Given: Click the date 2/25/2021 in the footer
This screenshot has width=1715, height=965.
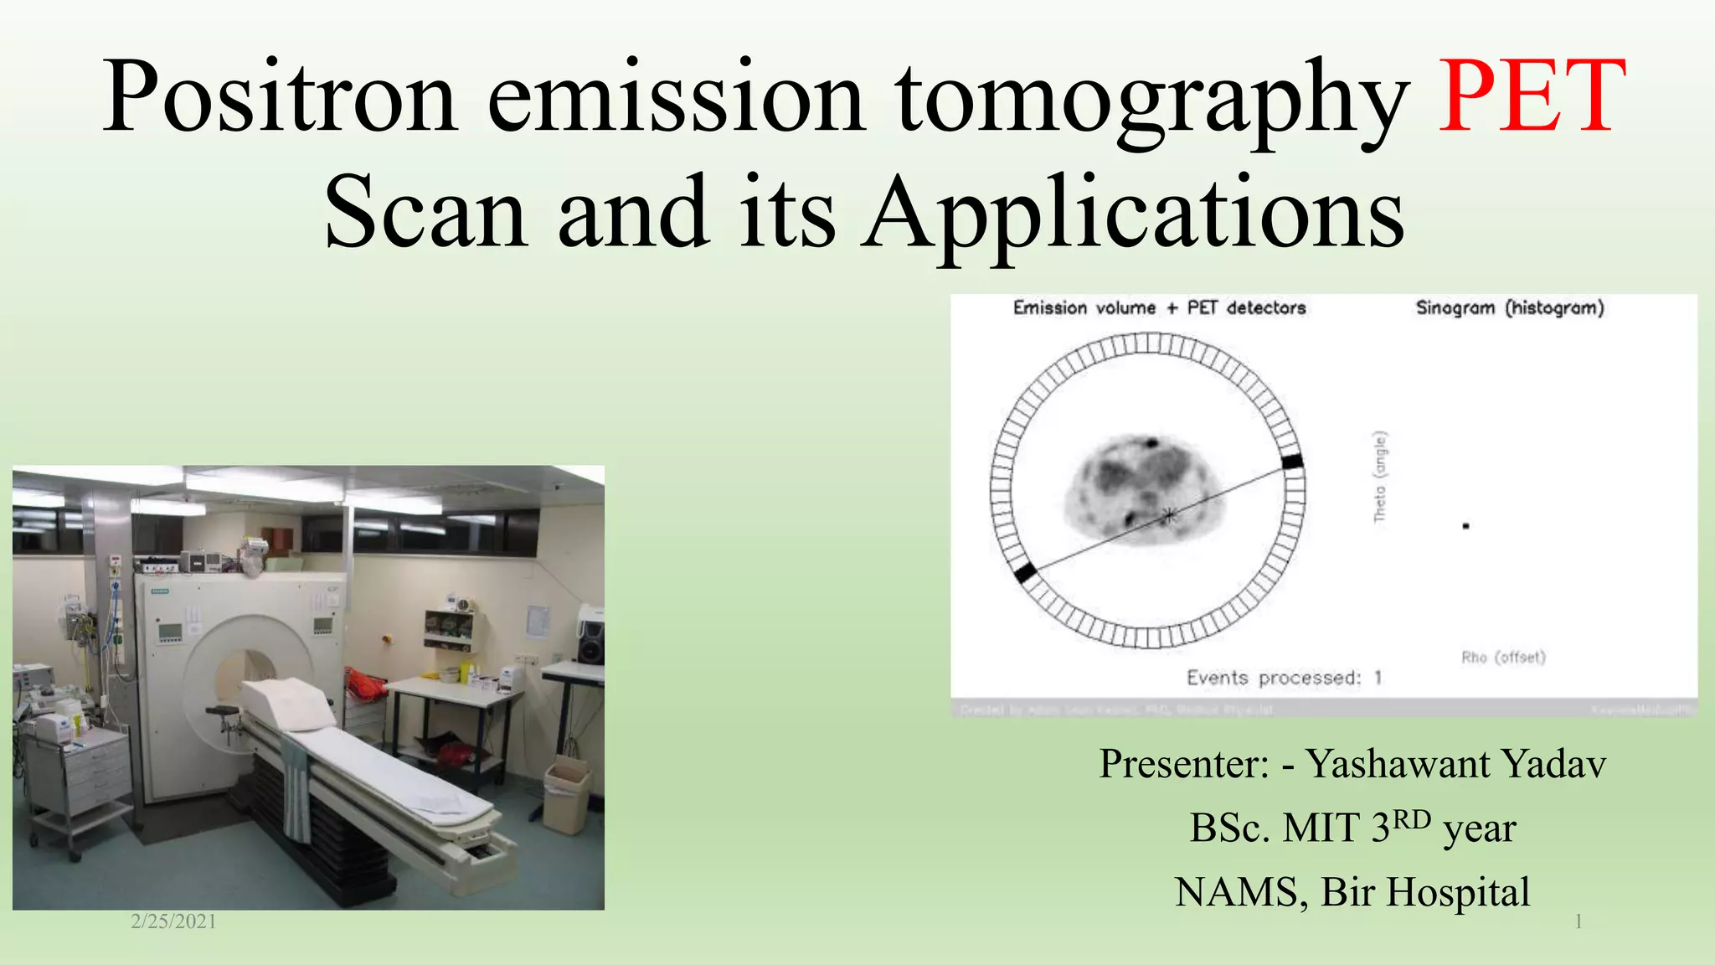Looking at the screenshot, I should (x=173, y=921).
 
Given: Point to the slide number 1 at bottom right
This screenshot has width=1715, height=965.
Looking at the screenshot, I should (x=1578, y=922).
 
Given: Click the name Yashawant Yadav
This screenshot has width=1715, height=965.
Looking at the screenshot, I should (x=1455, y=763).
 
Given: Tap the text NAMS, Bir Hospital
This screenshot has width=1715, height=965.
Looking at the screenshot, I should (x=1352, y=891).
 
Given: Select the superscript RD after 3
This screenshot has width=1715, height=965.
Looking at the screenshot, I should (x=1412, y=818).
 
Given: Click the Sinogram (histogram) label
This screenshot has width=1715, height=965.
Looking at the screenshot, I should (x=1509, y=307).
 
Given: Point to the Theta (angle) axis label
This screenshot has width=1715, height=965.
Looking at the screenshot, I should (x=1380, y=477).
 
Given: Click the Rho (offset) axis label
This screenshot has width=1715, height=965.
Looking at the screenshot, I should (x=1503, y=658).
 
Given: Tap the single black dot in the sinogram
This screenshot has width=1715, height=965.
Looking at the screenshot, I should (x=1465, y=526).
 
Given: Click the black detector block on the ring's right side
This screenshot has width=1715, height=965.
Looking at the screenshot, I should (x=1292, y=462).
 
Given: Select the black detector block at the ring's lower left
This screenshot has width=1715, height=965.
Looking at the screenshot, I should (x=1025, y=574).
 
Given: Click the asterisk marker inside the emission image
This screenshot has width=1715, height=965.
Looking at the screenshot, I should (x=1167, y=516).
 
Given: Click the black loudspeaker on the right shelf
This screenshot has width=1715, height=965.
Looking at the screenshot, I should (x=590, y=635).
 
